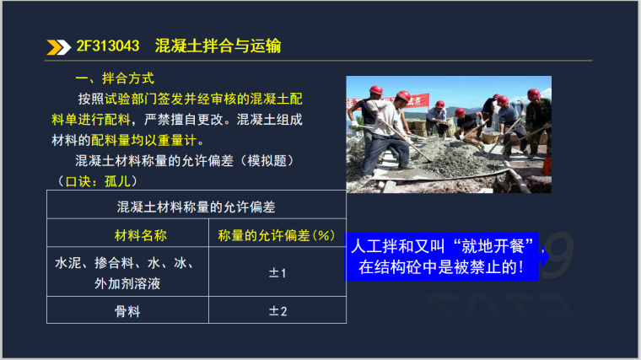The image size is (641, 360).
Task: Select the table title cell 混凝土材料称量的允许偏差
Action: (196, 206)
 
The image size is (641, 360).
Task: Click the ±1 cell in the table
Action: (277, 273)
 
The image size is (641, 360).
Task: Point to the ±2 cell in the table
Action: (277, 312)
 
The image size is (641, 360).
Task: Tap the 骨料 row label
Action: (127, 312)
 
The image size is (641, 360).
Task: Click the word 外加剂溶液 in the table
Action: (127, 283)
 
